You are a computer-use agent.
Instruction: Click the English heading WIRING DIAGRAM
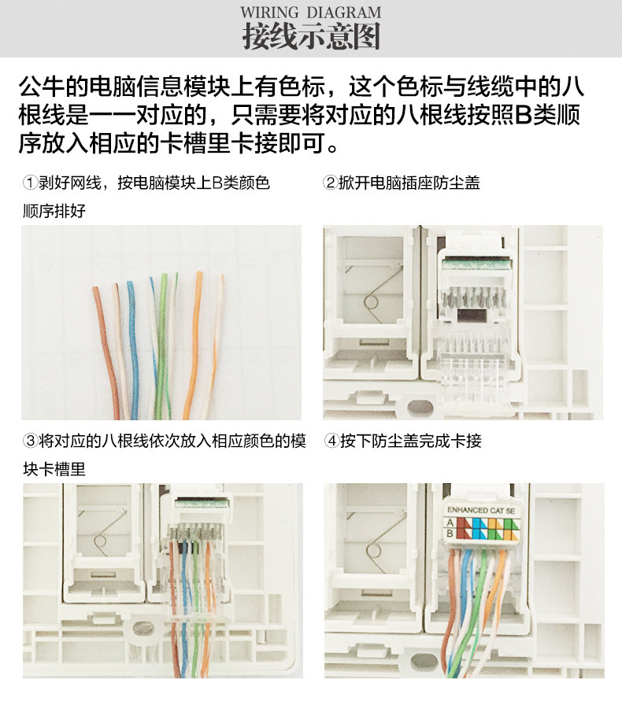tap(311, 12)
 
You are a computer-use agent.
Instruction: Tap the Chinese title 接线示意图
tap(311, 36)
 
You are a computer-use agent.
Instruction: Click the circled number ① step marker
tap(30, 183)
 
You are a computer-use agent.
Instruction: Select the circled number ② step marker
tap(330, 183)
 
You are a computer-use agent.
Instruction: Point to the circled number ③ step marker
tap(30, 441)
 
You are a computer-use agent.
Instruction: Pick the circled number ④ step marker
tap(331, 441)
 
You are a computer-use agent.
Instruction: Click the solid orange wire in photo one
tap(194, 345)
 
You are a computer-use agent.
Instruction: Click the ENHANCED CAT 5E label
tap(481, 510)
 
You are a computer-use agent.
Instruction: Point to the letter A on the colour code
tap(450, 523)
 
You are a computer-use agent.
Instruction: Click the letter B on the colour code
tap(450, 533)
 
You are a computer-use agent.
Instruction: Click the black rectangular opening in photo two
tap(474, 315)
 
